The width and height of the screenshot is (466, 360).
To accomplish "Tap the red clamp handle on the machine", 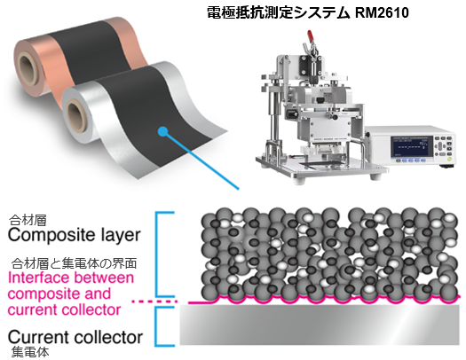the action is [311, 36].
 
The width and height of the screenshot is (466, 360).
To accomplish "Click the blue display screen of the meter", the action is [412, 146].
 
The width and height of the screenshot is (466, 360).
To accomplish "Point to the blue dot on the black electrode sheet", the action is [162, 131].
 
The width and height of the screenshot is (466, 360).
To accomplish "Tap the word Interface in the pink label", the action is [38, 278].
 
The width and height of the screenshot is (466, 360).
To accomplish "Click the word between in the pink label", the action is [104, 278].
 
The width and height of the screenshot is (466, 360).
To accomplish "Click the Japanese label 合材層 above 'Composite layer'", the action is [28, 221].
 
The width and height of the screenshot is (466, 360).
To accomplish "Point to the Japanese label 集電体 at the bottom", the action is [30, 352].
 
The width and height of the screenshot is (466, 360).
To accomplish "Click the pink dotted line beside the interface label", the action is [154, 301].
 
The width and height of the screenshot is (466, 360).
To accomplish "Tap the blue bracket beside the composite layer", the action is [158, 254].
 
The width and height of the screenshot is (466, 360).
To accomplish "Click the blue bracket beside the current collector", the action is [158, 326].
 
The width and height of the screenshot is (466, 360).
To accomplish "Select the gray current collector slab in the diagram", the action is [320, 325].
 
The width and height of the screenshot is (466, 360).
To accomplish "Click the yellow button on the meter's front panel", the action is [449, 159].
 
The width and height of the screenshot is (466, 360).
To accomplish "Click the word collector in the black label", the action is [109, 337].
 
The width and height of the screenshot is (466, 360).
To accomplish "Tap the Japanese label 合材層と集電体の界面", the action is [75, 263].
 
